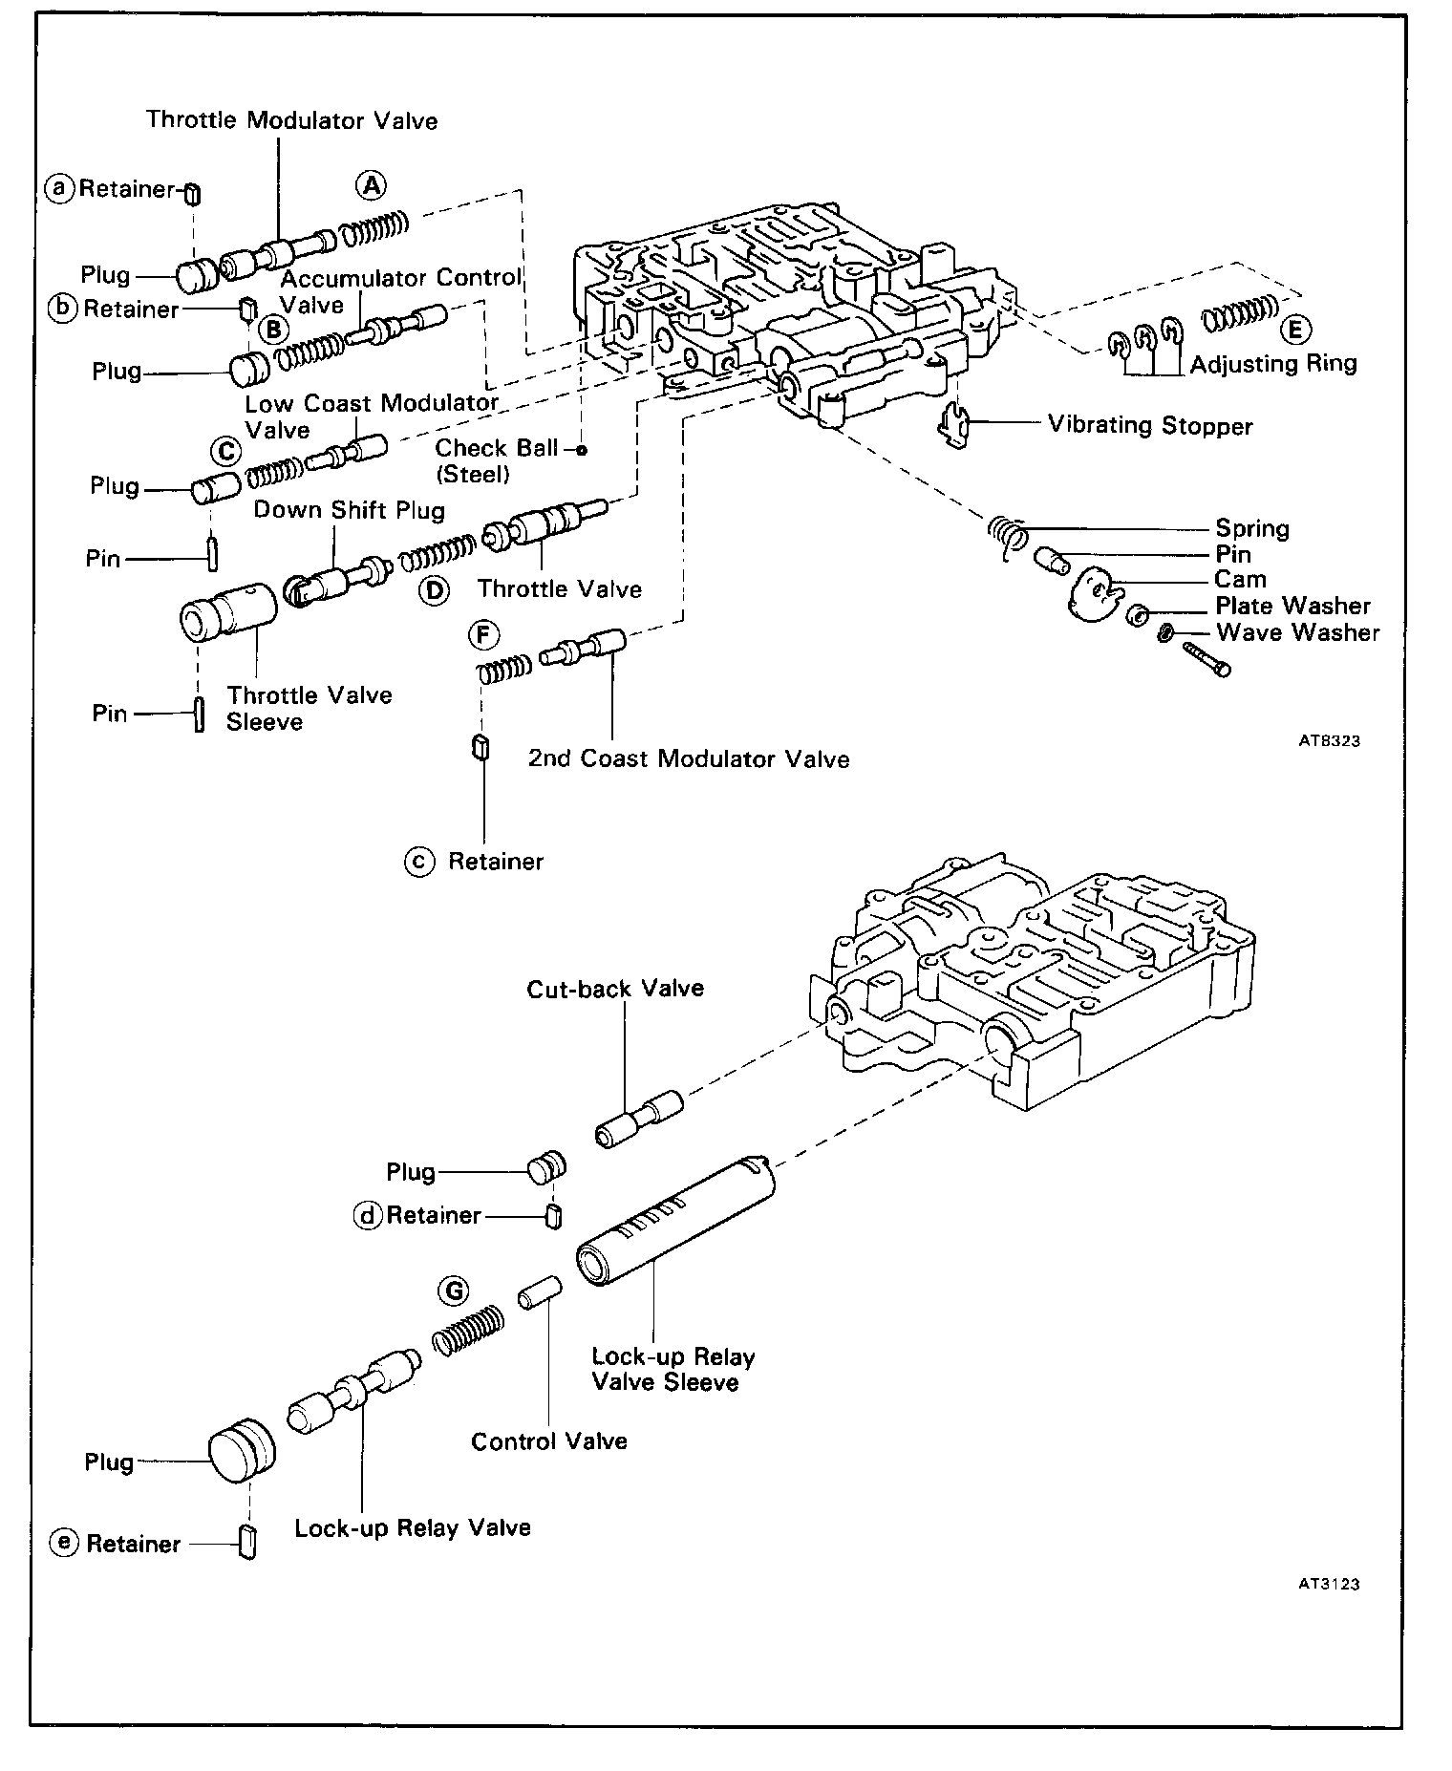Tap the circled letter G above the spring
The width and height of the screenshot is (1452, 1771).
[x=452, y=1291]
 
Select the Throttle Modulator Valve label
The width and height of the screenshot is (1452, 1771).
[x=292, y=120]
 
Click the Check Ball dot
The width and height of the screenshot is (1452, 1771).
[x=581, y=449]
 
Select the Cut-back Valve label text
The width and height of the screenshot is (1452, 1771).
[x=615, y=988]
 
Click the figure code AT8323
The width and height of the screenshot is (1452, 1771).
[x=1329, y=740]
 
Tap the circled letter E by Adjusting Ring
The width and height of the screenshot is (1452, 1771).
[x=1294, y=330]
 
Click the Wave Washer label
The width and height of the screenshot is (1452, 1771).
[x=1297, y=632]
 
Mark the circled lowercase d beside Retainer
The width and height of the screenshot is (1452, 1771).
[x=367, y=1215]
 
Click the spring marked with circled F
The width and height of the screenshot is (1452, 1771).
[x=503, y=669]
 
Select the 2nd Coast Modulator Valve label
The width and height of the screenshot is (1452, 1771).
[x=689, y=759]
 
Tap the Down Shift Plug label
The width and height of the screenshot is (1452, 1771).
[x=350, y=510]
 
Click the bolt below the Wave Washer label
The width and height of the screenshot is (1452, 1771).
[x=1206, y=659]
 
